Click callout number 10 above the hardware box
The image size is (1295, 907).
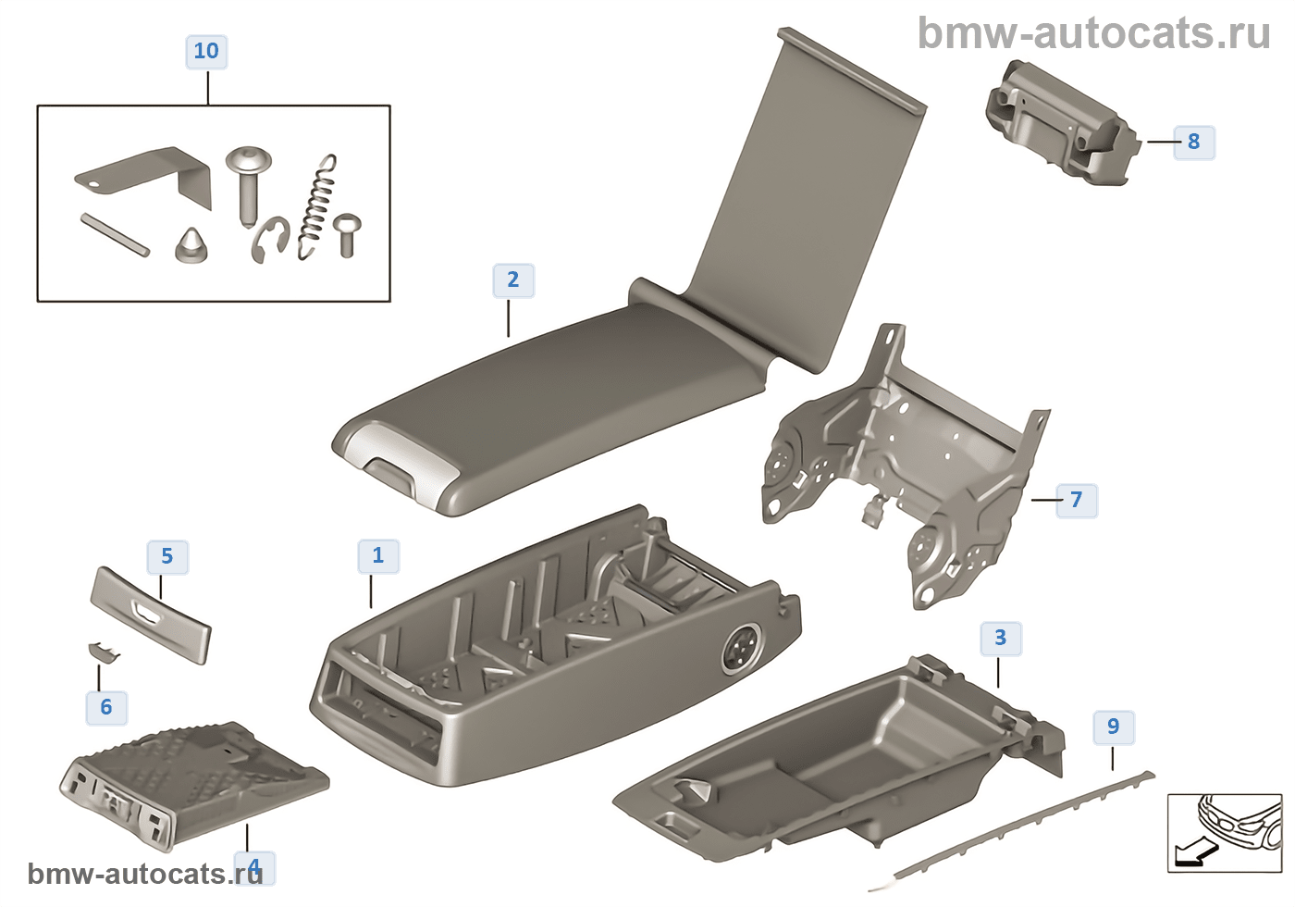(206, 52)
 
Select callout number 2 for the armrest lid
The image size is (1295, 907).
(513, 280)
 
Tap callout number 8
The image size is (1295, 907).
(1194, 142)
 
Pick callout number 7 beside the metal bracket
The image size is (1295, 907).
(1077, 500)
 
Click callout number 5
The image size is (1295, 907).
(167, 556)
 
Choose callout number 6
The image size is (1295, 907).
(106, 707)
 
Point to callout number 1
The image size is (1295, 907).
(378, 556)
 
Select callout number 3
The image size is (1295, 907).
(1001, 638)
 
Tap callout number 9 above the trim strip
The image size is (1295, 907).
(1114, 727)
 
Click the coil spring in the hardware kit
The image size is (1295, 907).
(316, 207)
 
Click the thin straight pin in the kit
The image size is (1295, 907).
(115, 234)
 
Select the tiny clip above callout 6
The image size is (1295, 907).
(104, 652)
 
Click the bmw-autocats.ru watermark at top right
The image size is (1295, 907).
(1093, 33)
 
